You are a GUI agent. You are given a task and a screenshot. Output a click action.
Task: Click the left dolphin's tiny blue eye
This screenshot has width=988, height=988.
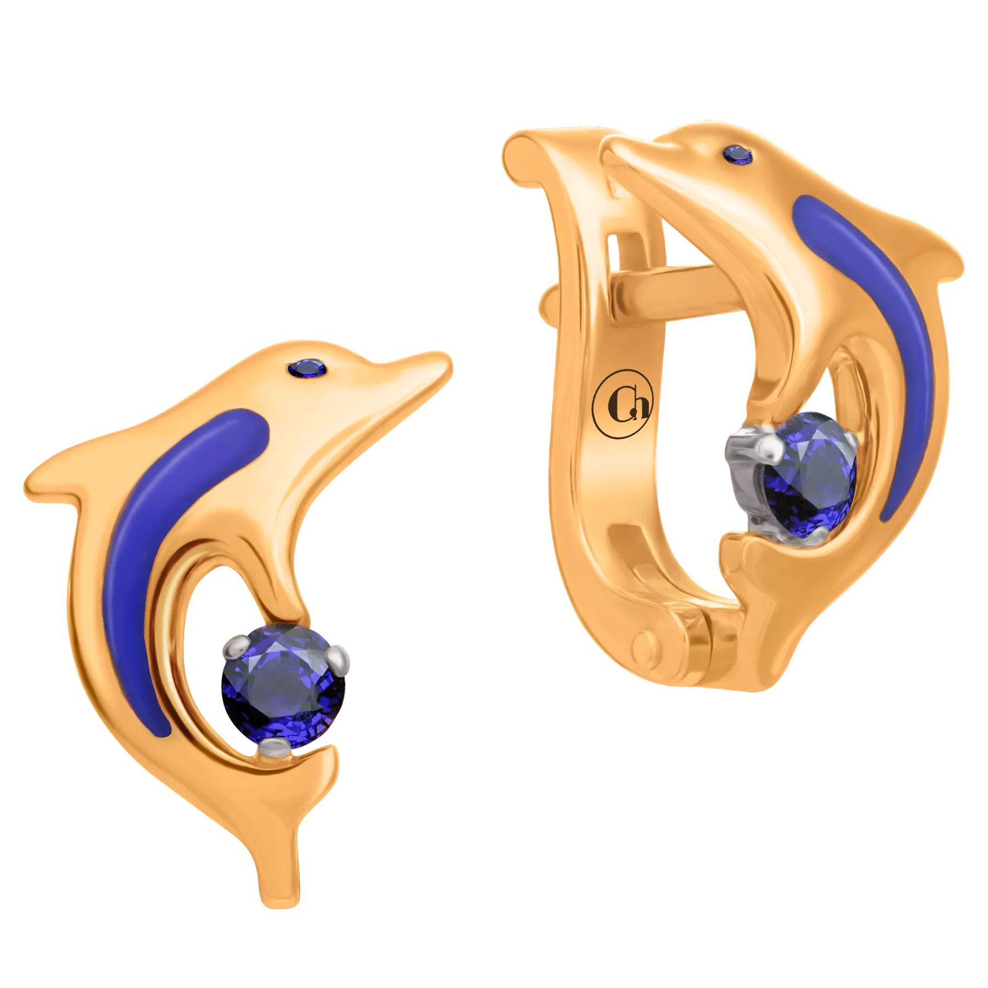(307, 368)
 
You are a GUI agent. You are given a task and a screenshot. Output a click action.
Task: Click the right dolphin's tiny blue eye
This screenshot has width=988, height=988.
(738, 154)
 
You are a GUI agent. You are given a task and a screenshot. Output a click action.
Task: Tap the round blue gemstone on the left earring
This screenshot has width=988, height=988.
(283, 686)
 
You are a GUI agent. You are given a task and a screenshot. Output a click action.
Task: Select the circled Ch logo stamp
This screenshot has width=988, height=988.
(622, 403)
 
